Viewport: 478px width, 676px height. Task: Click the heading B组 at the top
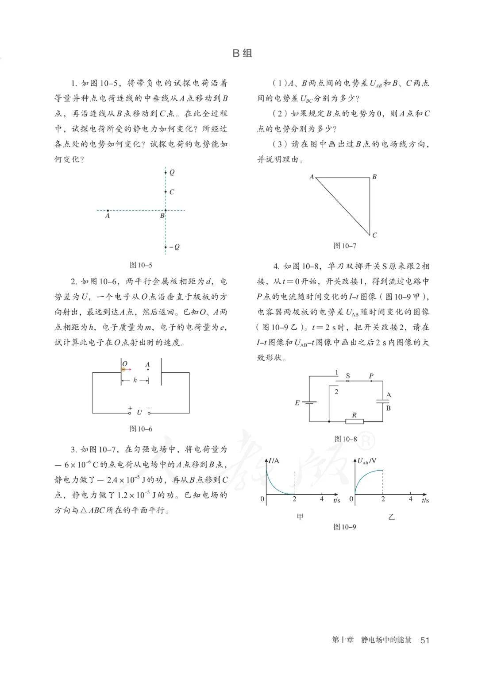[242, 54]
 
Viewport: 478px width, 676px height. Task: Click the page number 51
[425, 640]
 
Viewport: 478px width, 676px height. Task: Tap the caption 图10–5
[141, 265]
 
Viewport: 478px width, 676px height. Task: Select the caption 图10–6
[141, 429]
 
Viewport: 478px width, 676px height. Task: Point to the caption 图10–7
[344, 246]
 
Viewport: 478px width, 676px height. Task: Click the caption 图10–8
[345, 439]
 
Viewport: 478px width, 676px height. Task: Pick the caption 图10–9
[344, 527]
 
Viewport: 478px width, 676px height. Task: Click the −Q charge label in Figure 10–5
[174, 247]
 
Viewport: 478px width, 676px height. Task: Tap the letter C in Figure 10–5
[172, 192]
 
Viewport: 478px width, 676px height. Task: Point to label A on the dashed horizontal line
[107, 216]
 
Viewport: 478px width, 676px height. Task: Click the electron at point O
[124, 369]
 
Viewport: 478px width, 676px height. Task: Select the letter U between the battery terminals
[139, 413]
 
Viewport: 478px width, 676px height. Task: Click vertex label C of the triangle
[374, 235]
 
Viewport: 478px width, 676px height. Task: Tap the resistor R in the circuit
[354, 421]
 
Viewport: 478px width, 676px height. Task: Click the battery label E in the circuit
[297, 403]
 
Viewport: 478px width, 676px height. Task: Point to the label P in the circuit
[371, 376]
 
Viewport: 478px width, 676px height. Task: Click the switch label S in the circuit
[348, 376]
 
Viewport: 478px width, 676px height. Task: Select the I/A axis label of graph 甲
[274, 461]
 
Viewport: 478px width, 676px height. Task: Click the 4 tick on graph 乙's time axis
[410, 499]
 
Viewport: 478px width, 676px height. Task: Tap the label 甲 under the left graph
[300, 517]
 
